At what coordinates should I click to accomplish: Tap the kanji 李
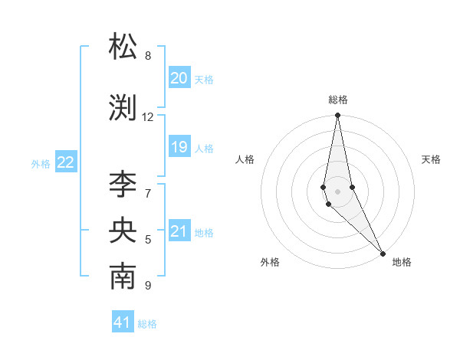coord(123,184)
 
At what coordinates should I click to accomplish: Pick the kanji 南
coord(123,277)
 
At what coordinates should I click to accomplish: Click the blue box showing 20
coord(179,78)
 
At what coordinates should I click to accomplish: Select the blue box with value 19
coord(179,147)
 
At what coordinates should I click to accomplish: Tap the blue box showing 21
coord(179,231)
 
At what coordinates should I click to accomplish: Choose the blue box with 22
coord(66,162)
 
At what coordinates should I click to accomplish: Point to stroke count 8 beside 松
coord(148,56)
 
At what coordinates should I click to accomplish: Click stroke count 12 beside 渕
coord(148,117)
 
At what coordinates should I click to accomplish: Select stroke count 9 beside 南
coord(148,286)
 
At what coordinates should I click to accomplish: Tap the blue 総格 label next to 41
coord(148,324)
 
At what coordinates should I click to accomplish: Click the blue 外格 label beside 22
coord(41,163)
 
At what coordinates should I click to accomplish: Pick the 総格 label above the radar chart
coord(338,100)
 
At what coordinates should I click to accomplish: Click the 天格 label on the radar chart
coord(431,159)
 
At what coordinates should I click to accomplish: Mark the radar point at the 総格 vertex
coord(337,116)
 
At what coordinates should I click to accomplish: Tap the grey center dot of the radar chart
coord(337,191)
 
